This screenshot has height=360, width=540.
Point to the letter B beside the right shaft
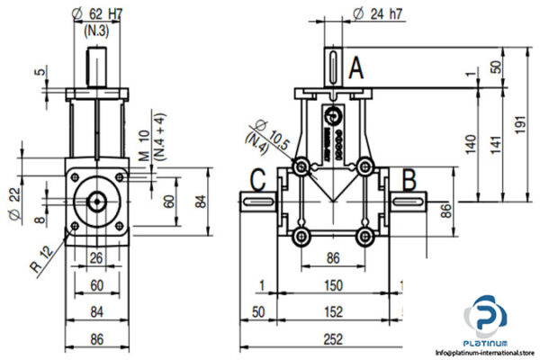(408, 181)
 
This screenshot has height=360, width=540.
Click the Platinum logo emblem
(485, 319)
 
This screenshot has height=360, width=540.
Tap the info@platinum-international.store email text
(485, 353)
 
